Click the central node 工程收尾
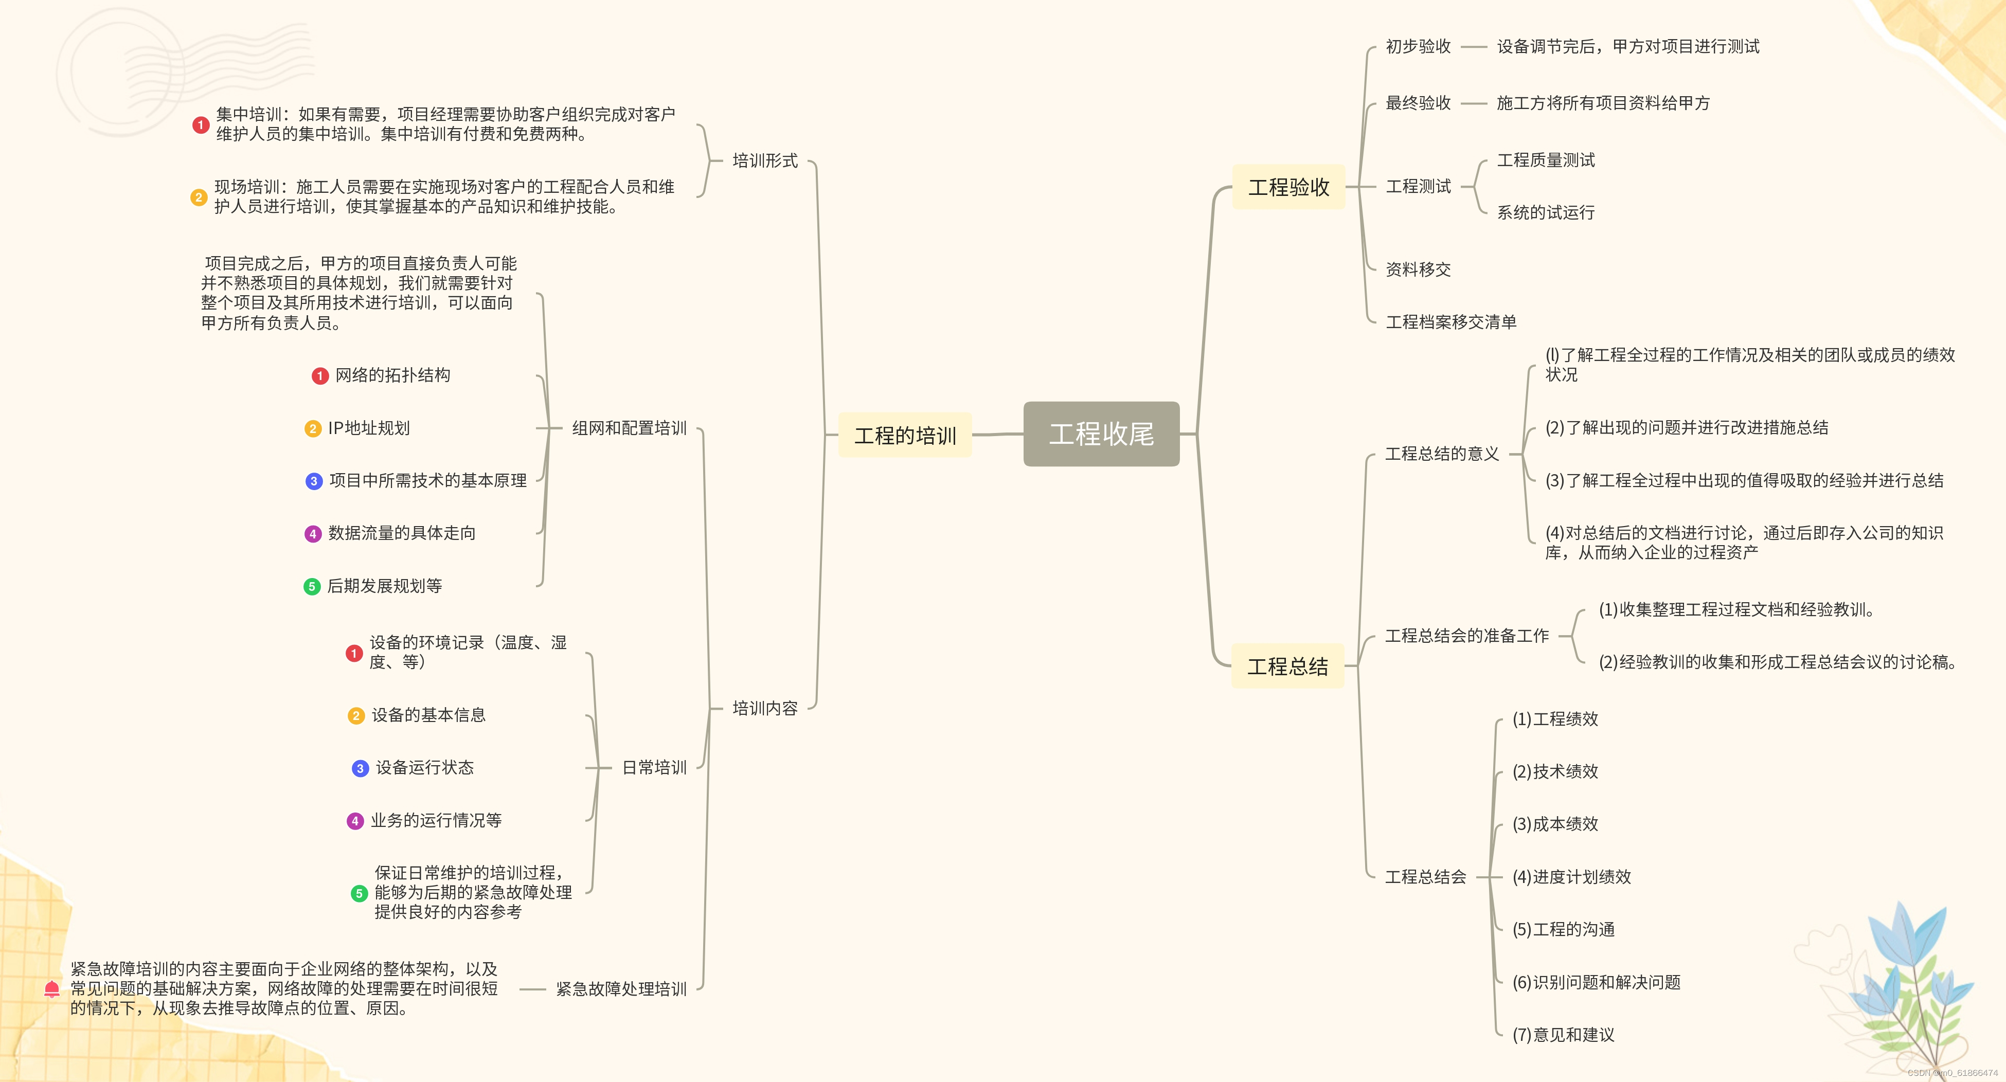pyautogui.click(x=1101, y=434)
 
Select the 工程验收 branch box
pyautogui.click(x=1289, y=187)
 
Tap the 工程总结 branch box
pyautogui.click(x=1288, y=666)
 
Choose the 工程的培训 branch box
pyautogui.click(x=905, y=435)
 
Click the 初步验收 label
pyautogui.click(x=1418, y=47)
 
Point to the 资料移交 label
pyautogui.click(x=1418, y=269)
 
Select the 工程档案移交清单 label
pyautogui.click(x=1451, y=321)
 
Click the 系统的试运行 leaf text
pyautogui.click(x=1546, y=212)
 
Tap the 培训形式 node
pyautogui.click(x=765, y=161)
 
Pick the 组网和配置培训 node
pyautogui.click(x=629, y=428)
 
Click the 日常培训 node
pyautogui.click(x=654, y=767)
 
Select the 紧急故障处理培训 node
pyautogui.click(x=621, y=988)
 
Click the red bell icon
pyautogui.click(x=52, y=988)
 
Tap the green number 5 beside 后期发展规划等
pyautogui.click(x=312, y=586)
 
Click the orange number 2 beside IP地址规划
pyautogui.click(x=312, y=429)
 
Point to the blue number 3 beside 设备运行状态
pyautogui.click(x=360, y=768)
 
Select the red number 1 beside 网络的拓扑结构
pyautogui.click(x=319, y=376)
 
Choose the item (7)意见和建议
pyautogui.click(x=1563, y=1035)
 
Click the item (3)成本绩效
pyautogui.click(x=1555, y=823)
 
